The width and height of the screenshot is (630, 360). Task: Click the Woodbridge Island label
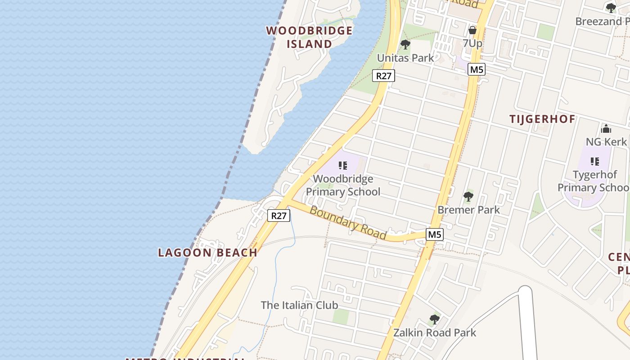pyautogui.click(x=310, y=37)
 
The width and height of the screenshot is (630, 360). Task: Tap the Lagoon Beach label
pyautogui.click(x=207, y=252)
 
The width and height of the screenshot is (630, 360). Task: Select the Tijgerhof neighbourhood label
pyautogui.click(x=542, y=119)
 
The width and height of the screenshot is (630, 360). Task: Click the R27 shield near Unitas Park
pyautogui.click(x=383, y=76)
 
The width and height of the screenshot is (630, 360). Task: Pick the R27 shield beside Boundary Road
pyautogui.click(x=279, y=216)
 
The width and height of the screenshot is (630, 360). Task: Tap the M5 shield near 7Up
pyautogui.click(x=476, y=69)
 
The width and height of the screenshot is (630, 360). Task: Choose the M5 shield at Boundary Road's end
pyautogui.click(x=435, y=234)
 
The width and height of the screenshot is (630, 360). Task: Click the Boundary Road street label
pyautogui.click(x=348, y=223)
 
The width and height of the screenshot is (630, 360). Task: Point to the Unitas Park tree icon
pyautogui.click(x=405, y=45)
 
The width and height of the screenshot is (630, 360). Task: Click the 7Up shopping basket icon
pyautogui.click(x=472, y=30)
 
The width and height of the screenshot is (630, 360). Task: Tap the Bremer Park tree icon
pyautogui.click(x=468, y=197)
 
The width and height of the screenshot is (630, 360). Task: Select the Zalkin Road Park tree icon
pyautogui.click(x=434, y=319)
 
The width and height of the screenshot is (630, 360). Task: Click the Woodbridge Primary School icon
pyautogui.click(x=343, y=166)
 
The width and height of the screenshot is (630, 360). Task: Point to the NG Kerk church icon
pyautogui.click(x=606, y=129)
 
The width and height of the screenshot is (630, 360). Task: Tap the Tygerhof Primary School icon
pyautogui.click(x=595, y=161)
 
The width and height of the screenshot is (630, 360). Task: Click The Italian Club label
pyautogui.click(x=299, y=305)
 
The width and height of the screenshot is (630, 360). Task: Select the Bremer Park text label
pyautogui.click(x=468, y=210)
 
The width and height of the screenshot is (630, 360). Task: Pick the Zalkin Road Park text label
pyautogui.click(x=434, y=333)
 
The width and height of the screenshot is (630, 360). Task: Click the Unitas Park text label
pyautogui.click(x=405, y=58)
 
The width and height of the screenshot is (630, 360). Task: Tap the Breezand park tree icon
pyautogui.click(x=611, y=8)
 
